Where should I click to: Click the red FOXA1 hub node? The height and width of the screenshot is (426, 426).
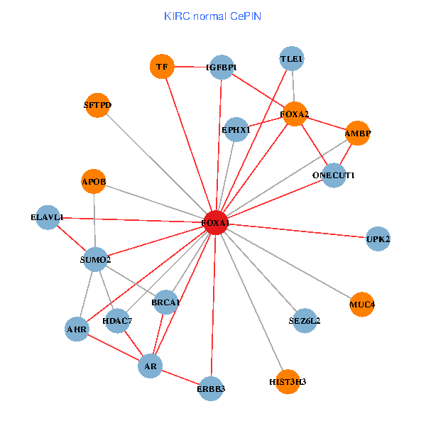point(215,223)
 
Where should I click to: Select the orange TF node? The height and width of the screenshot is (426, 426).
point(162,67)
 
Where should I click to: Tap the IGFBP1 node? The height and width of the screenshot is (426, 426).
point(222,67)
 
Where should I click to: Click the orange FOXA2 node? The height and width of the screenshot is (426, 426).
point(295,114)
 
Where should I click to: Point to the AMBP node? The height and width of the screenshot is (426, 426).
point(358,133)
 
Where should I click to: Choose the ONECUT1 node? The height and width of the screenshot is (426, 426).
point(334,175)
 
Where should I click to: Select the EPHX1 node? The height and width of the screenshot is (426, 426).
point(236,130)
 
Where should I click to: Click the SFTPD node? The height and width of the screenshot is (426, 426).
point(97,105)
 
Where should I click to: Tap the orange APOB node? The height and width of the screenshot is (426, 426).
point(94,182)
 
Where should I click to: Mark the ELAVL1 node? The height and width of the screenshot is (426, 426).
point(47,217)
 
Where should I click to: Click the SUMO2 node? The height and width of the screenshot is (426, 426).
point(95,260)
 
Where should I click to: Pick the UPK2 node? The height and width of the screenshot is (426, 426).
point(378,239)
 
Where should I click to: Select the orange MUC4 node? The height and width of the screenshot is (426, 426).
point(362,305)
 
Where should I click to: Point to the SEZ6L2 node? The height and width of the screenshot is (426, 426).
point(305,321)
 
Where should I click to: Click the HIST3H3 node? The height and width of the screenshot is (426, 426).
point(288,382)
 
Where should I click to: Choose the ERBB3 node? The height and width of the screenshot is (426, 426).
point(211,388)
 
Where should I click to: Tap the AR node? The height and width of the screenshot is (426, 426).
point(150,366)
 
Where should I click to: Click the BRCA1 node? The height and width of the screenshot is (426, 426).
point(165,302)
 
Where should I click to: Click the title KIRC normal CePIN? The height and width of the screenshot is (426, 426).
point(213,16)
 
